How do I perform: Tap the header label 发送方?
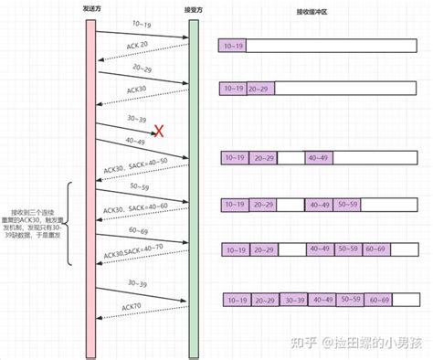point(90,10)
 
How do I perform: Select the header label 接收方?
point(193,10)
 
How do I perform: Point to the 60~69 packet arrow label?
point(139,232)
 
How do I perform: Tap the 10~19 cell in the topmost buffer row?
point(233,45)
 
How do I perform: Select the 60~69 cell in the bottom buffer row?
point(378,301)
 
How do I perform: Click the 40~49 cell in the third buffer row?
point(318,158)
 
